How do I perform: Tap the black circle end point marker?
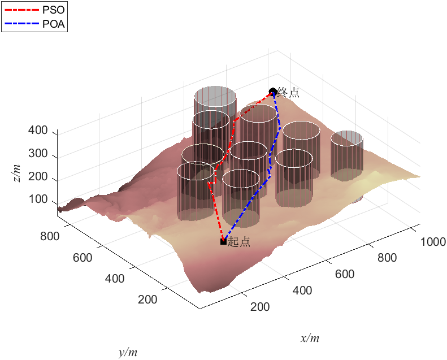click(273, 92)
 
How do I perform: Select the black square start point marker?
click(223, 241)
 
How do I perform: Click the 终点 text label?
click(288, 92)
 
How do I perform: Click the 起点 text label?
click(238, 242)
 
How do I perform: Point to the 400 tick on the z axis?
click(38, 131)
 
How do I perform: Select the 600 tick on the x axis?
click(344, 275)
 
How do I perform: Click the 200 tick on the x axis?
click(259, 307)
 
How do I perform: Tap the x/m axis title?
click(310, 339)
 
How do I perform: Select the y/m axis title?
click(128, 353)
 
